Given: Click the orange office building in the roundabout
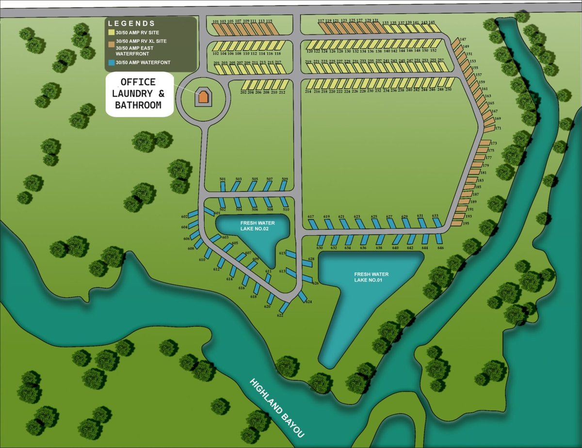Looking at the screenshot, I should (x=203, y=97).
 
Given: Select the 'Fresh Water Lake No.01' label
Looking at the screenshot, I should (x=371, y=277).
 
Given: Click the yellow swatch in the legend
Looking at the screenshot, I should (x=111, y=32).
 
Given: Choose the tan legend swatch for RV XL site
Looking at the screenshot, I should (x=111, y=43).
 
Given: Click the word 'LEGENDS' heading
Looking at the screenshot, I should (x=131, y=23).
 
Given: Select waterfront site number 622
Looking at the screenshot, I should (x=280, y=316).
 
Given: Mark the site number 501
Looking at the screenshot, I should (x=223, y=179).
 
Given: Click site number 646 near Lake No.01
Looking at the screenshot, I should (x=440, y=248).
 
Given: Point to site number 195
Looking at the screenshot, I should (x=466, y=223).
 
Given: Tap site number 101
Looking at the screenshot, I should (x=216, y=22).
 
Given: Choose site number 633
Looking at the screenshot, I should (x=435, y=216).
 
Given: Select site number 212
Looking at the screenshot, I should (x=282, y=92).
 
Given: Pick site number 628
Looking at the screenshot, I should (x=311, y=259).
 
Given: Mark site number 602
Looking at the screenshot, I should (x=184, y=216).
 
